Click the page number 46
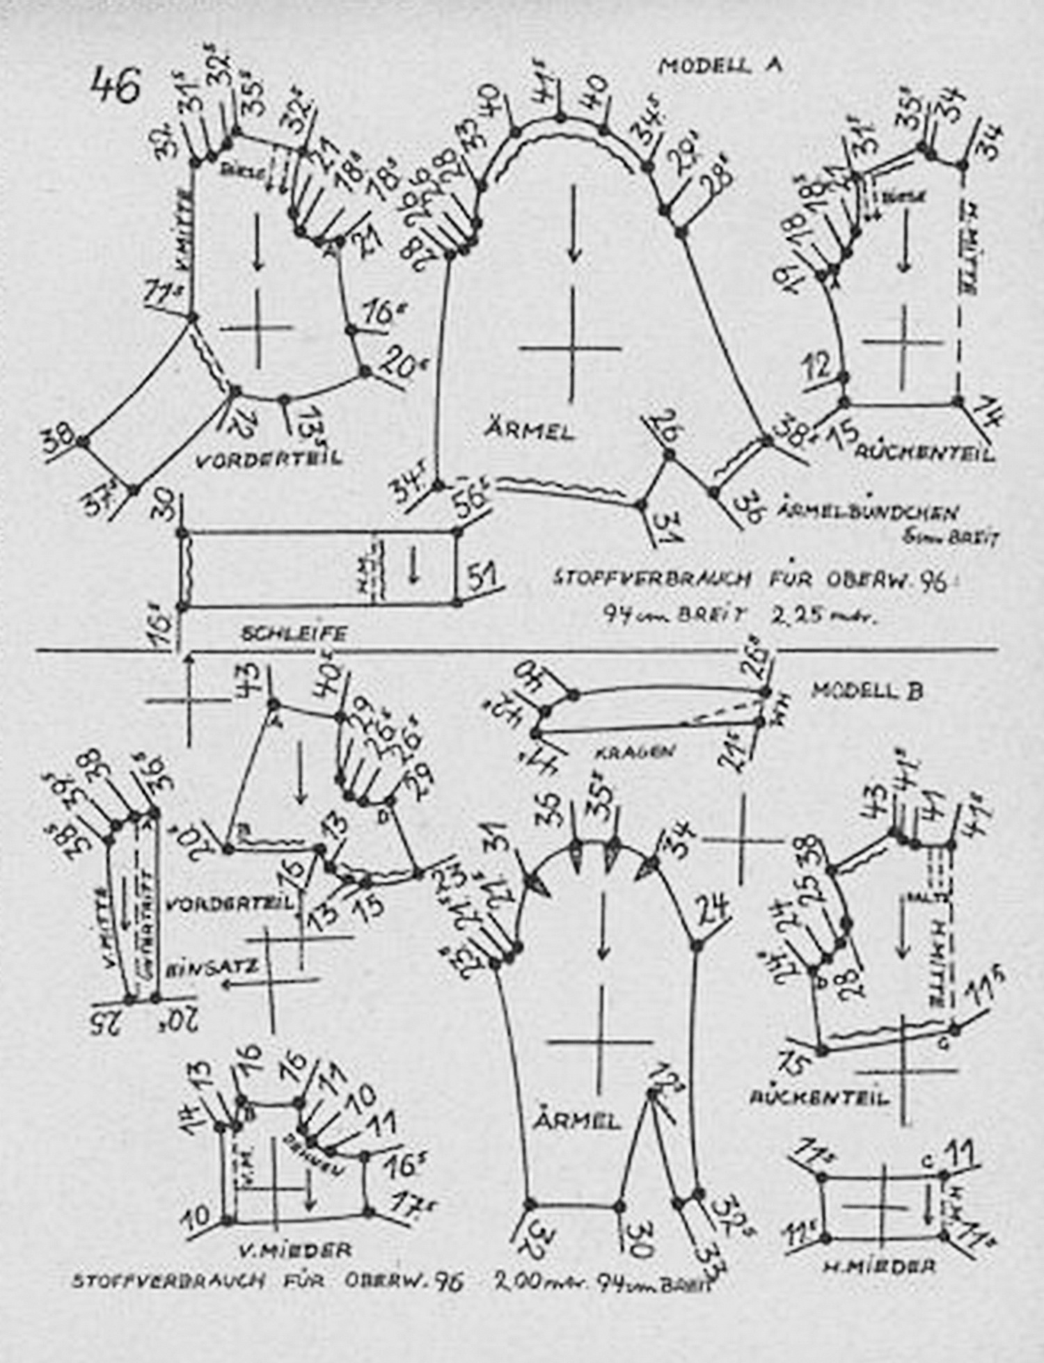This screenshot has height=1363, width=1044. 116,86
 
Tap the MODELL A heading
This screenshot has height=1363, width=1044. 720,65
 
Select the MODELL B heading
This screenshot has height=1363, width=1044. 867,691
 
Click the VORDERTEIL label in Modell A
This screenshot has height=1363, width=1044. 270,459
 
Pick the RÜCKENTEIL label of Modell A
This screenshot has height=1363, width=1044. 924,454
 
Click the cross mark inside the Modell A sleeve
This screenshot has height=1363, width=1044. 572,348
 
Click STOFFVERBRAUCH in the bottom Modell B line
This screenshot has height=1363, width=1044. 168,1281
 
